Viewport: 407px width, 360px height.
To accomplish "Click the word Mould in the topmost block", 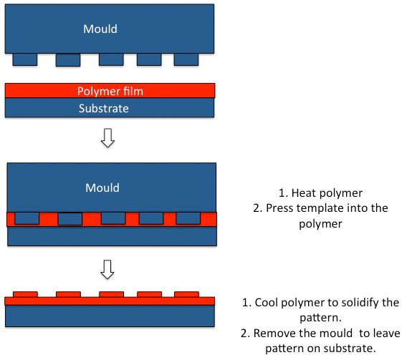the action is (100, 29).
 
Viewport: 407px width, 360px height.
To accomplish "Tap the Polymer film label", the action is (110, 91).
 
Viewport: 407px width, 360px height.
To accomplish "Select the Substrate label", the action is (104, 108).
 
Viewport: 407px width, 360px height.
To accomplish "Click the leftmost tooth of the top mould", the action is (25, 59).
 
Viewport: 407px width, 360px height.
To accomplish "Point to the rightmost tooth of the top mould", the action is (186, 59).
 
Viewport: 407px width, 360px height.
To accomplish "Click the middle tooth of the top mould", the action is (111, 59).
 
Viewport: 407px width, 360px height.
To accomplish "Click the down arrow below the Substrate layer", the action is (107, 138).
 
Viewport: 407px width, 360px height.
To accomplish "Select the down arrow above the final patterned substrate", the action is (107, 270).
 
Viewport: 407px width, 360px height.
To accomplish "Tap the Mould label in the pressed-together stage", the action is (102, 188).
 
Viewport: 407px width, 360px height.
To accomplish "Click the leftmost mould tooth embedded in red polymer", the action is (27, 218).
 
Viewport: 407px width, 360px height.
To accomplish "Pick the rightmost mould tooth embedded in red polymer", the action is (188, 218).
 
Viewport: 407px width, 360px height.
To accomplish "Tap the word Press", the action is (279, 208).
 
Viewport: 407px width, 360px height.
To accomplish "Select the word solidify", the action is (360, 303).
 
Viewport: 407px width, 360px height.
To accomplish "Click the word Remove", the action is (275, 334).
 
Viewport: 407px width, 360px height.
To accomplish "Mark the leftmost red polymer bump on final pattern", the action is (26, 294).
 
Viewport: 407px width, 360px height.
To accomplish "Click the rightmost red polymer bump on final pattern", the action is (186, 294).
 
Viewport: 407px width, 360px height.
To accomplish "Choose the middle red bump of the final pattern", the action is (112, 294).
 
